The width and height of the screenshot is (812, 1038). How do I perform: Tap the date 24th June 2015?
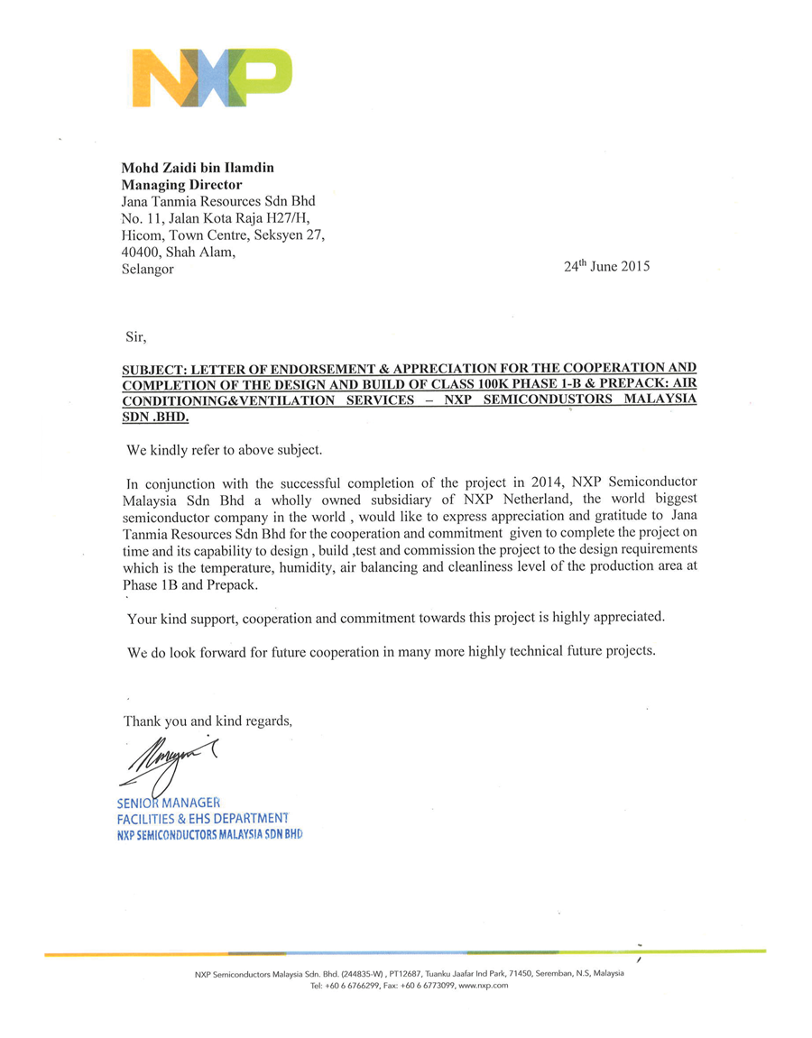click(x=606, y=266)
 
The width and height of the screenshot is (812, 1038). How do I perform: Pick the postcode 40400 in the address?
click(x=140, y=252)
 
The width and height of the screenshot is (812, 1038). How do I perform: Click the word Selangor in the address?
click(x=147, y=269)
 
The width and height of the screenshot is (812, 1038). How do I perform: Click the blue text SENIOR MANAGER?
click(x=169, y=802)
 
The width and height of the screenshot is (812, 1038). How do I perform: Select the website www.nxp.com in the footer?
click(x=484, y=986)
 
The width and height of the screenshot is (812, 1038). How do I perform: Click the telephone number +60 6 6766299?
click(x=352, y=986)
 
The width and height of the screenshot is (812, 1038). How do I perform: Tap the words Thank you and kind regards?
click(x=208, y=721)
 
